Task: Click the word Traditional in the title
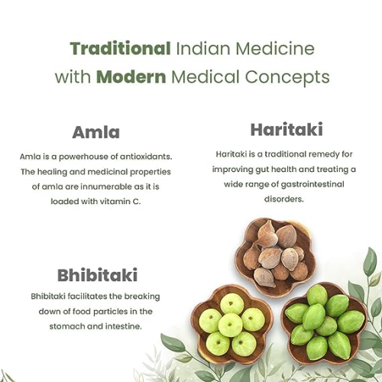(x=120, y=48)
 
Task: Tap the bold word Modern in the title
(x=131, y=76)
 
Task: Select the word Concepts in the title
(x=287, y=77)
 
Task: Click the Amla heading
(x=96, y=132)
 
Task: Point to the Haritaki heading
(x=286, y=129)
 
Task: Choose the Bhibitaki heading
(x=97, y=275)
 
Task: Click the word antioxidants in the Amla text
(x=146, y=157)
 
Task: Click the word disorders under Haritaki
(x=284, y=199)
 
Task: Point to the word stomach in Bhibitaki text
(x=66, y=326)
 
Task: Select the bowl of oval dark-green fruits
(x=325, y=322)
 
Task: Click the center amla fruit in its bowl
(x=230, y=325)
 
